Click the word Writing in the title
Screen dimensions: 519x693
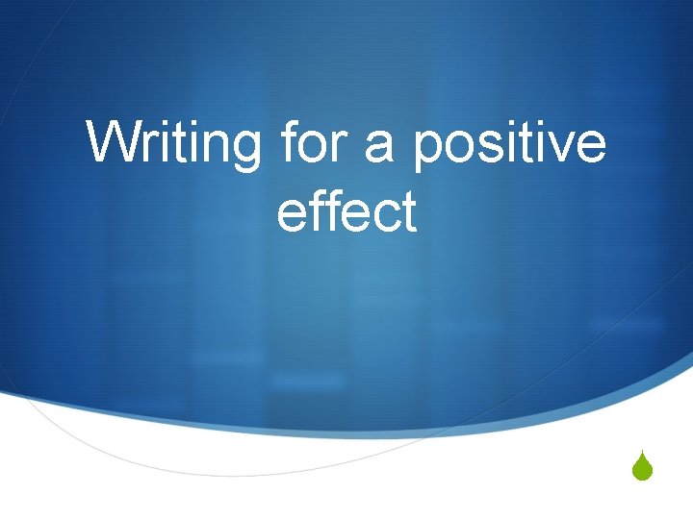click(173, 144)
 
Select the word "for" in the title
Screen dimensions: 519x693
click(306, 144)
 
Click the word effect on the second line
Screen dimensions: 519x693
click(346, 211)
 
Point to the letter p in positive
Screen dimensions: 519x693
click(427, 151)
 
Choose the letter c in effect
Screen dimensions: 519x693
click(383, 214)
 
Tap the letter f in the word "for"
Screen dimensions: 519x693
click(286, 142)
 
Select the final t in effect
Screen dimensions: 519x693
click(408, 212)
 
